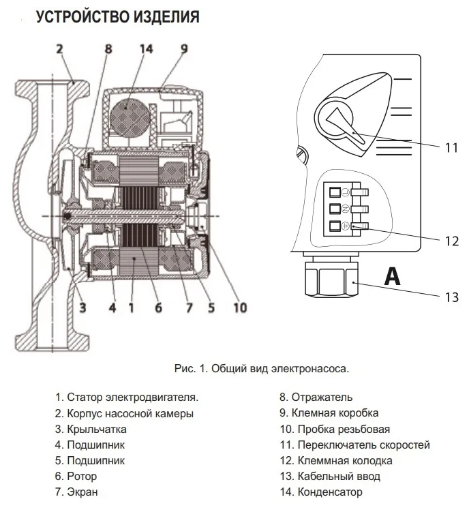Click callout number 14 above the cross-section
click(x=147, y=49)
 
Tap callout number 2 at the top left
click(x=59, y=49)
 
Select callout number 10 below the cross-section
click(x=241, y=307)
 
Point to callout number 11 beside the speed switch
click(x=451, y=148)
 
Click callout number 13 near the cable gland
click(x=451, y=297)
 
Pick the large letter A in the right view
click(x=392, y=276)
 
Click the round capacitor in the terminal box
click(x=127, y=116)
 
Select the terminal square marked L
click(x=335, y=192)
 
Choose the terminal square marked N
click(x=335, y=209)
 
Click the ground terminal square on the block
click(x=335, y=226)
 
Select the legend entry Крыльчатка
click(x=91, y=429)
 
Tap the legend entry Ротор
click(x=76, y=476)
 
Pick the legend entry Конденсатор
click(x=321, y=492)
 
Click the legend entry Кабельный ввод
click(x=330, y=476)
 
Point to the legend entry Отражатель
click(x=316, y=397)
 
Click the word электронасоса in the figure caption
click(x=310, y=369)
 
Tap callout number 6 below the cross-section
click(x=158, y=307)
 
